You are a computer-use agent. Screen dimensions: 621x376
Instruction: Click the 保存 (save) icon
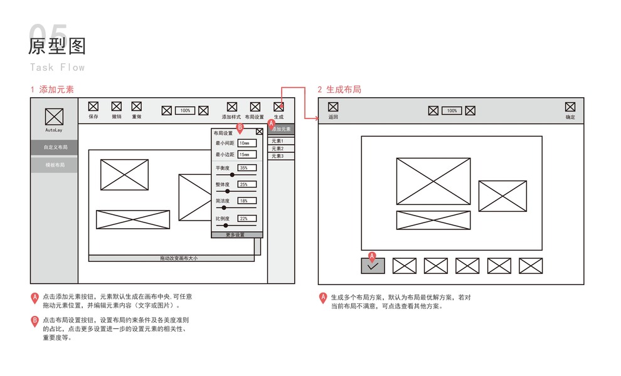pyautogui.click(x=93, y=107)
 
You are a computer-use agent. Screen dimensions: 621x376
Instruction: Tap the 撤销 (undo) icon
pyautogui.click(x=116, y=107)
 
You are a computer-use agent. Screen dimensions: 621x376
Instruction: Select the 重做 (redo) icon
pyautogui.click(x=136, y=107)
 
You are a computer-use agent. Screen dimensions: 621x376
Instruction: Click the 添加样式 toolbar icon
pyautogui.click(x=231, y=107)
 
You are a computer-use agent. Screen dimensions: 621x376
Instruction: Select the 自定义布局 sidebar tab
pyautogui.click(x=55, y=147)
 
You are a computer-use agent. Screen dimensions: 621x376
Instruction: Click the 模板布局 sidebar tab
pyautogui.click(x=55, y=165)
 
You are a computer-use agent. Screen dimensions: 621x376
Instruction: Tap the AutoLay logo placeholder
pyautogui.click(x=55, y=117)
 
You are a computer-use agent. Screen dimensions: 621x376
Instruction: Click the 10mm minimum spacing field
pyautogui.click(x=247, y=144)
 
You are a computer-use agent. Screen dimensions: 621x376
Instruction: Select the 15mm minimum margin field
pyautogui.click(x=247, y=155)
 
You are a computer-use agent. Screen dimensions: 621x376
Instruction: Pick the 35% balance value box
pyautogui.click(x=247, y=168)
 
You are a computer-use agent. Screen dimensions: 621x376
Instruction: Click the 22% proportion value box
pyautogui.click(x=247, y=219)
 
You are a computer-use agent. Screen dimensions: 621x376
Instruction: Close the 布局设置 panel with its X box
pyautogui.click(x=259, y=132)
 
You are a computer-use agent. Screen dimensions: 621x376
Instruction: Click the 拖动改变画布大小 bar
pyautogui.click(x=178, y=258)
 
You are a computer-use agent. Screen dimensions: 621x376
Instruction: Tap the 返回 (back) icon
pyautogui.click(x=333, y=107)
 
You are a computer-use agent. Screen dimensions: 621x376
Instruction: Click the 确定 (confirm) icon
pyautogui.click(x=570, y=107)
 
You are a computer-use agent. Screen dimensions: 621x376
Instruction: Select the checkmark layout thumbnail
pyautogui.click(x=373, y=266)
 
